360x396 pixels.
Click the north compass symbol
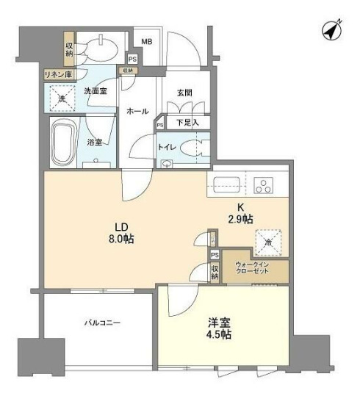click(331, 31)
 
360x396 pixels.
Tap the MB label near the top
click(146, 41)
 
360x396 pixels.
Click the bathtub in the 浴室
click(63, 144)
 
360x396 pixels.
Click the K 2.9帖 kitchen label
click(245, 214)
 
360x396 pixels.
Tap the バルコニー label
click(101, 323)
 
